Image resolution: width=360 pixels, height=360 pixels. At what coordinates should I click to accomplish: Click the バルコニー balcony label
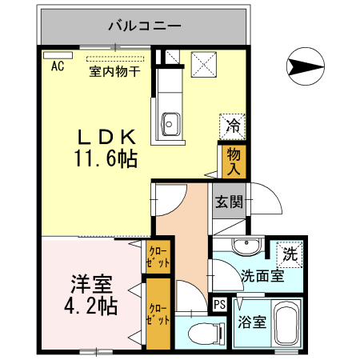click(x=145, y=26)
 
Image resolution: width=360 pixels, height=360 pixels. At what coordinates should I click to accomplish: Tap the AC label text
click(x=58, y=67)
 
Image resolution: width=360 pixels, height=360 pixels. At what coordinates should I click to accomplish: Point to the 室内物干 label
click(x=114, y=71)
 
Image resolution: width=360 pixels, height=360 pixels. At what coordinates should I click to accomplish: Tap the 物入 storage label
click(x=233, y=162)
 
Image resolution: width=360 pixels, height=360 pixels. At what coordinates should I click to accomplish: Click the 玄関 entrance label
click(x=228, y=202)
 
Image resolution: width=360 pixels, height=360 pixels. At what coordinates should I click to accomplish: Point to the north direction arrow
click(x=305, y=66)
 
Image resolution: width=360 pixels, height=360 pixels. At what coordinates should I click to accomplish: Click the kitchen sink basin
click(x=170, y=123)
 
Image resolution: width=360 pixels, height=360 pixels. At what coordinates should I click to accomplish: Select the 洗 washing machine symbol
click(x=291, y=255)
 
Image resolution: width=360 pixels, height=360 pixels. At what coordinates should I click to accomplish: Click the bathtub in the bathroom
click(x=285, y=325)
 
